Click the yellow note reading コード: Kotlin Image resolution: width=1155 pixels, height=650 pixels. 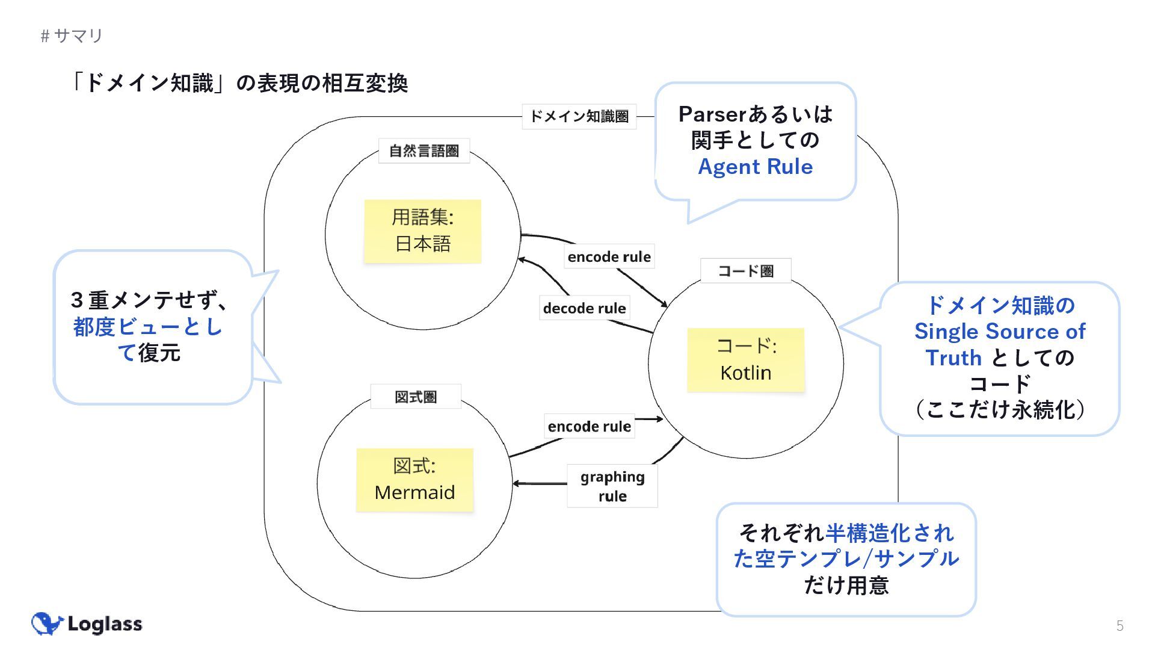[746, 359]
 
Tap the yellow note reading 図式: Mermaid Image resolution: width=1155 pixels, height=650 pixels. [414, 480]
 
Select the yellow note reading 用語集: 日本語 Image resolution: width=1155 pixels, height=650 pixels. [422, 231]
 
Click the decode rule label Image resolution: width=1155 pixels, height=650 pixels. [584, 308]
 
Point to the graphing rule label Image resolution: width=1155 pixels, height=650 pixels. [612, 486]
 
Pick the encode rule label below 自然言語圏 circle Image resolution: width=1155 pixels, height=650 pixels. [609, 257]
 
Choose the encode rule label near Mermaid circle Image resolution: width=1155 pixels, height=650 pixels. [589, 426]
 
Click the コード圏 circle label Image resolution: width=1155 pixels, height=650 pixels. [745, 271]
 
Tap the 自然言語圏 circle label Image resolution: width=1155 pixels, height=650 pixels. [423, 150]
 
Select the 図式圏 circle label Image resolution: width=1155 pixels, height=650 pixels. [415, 397]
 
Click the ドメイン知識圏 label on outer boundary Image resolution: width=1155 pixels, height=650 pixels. [579, 116]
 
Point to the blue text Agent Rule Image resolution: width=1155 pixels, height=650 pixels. [755, 167]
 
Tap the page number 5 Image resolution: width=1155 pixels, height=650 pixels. [1120, 626]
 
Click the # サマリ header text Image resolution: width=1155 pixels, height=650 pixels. [72, 36]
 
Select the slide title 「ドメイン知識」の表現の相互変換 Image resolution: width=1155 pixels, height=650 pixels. [238, 83]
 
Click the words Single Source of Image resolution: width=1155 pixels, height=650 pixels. [999, 332]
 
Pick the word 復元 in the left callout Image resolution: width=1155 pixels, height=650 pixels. [159, 353]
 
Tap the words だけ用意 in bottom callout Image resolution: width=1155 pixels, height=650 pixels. [846, 585]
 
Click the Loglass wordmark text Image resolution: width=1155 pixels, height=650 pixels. [105, 624]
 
